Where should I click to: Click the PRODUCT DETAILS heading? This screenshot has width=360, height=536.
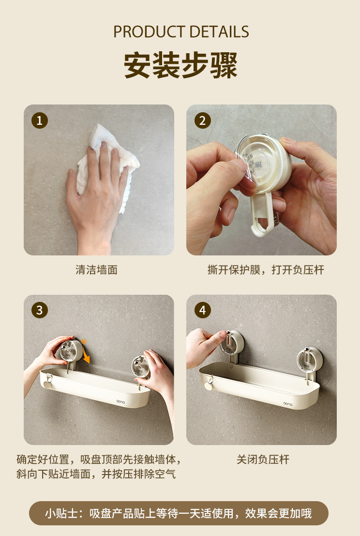point(181,32)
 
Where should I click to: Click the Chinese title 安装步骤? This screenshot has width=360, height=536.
point(180,65)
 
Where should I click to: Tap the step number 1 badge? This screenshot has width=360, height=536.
point(40,120)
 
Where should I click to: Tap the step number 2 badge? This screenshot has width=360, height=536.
point(202,120)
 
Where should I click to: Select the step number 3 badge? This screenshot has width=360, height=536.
point(40,311)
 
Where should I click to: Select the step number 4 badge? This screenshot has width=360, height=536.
point(202,311)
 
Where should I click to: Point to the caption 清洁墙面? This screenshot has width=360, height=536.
point(96,270)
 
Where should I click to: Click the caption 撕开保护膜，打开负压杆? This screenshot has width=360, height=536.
point(266,270)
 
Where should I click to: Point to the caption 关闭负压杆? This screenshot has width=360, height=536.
point(263,460)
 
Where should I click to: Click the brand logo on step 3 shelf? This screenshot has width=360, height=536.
point(120,402)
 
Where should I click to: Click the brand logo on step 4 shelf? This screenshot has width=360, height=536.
point(288,404)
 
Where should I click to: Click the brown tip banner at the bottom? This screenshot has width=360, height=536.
point(179,513)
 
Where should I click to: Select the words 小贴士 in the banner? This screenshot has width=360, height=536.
point(61,513)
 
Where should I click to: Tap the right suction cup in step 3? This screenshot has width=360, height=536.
point(140,366)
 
